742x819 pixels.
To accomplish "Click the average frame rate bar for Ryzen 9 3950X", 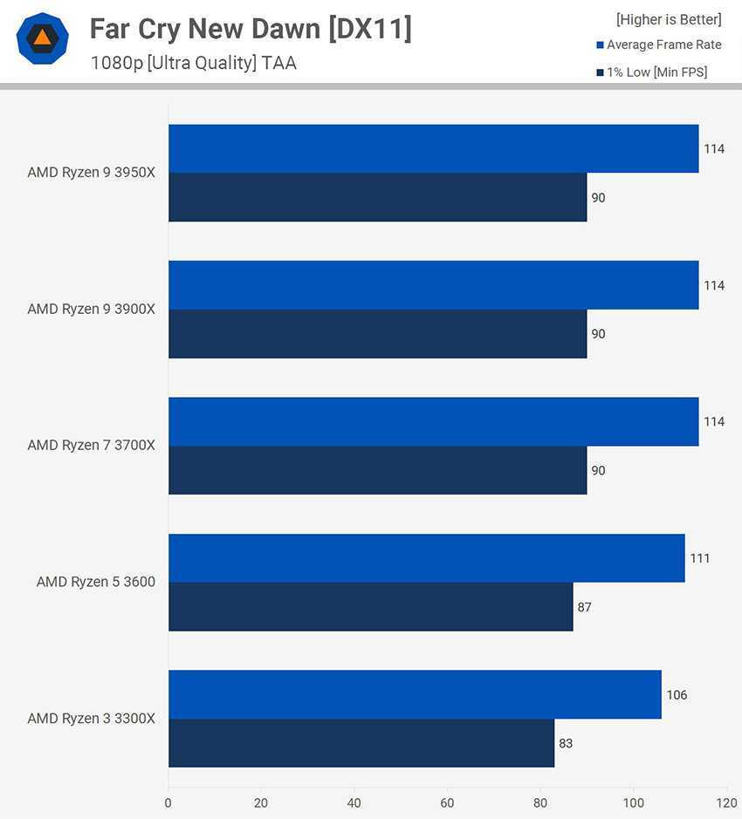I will pos(433,148).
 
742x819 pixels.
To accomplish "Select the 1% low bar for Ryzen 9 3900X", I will pos(377,334).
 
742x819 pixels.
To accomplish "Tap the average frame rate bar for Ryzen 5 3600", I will pos(426,558).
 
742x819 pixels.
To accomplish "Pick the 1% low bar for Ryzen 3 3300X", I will pos(361,743).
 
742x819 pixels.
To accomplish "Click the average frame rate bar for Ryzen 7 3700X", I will pos(433,422).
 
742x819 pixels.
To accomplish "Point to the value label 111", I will pos(699,558).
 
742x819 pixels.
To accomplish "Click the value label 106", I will pos(677,695).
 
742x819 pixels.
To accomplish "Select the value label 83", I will pos(566,744).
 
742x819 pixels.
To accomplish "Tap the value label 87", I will pos(584,607).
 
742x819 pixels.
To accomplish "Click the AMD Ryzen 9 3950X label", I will pos(91,173).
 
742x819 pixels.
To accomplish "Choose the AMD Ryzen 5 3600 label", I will pos(96,582).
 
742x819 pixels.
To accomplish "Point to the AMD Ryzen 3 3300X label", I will pos(91,719).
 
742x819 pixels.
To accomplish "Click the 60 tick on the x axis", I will pos(447,802).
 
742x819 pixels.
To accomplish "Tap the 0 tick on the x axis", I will pos(168,802).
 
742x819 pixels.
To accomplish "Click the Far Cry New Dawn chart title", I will pos(251,30).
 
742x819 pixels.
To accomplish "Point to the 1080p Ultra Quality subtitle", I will pos(193,63).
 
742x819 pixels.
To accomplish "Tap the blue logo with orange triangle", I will pos(42,38).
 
